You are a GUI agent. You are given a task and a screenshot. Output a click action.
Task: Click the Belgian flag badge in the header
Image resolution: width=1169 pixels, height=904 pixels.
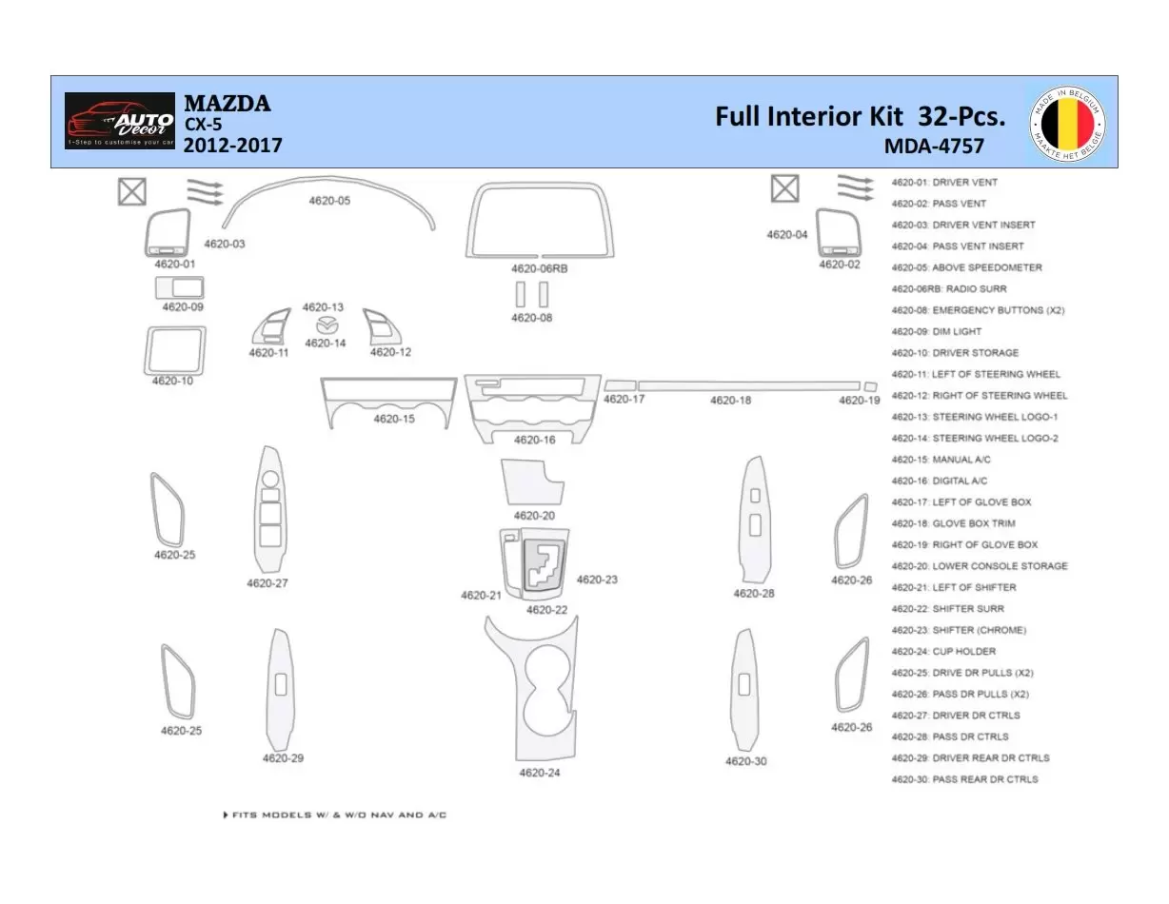pyautogui.click(x=1067, y=123)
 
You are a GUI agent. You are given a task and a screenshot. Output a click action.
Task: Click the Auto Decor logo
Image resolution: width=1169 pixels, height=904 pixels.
pyautogui.click(x=120, y=121)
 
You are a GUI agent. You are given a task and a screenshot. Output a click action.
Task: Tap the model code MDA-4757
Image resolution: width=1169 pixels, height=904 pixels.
pyautogui.click(x=934, y=146)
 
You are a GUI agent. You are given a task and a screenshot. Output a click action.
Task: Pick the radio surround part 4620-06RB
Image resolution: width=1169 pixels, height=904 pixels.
pyautogui.click(x=540, y=220)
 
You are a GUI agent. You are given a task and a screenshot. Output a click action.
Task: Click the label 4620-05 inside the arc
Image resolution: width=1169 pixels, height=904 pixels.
pyautogui.click(x=329, y=201)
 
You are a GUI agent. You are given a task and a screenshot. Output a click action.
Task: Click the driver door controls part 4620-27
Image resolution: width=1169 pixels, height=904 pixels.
pyautogui.click(x=270, y=509)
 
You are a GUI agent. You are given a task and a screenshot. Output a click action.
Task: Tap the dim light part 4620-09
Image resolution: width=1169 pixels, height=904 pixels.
pyautogui.click(x=180, y=287)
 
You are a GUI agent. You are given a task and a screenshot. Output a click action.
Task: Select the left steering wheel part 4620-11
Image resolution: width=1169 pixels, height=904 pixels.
pyautogui.click(x=271, y=327)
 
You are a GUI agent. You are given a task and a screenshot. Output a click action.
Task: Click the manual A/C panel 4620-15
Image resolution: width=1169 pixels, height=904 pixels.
pyautogui.click(x=386, y=400)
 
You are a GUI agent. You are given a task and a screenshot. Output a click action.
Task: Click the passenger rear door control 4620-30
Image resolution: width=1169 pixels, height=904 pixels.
pyautogui.click(x=744, y=689)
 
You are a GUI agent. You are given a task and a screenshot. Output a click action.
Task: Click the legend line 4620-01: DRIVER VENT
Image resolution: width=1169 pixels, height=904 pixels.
pyautogui.click(x=944, y=182)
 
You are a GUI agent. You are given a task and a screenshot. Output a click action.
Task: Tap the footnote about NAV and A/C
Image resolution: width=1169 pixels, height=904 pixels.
pyautogui.click(x=334, y=816)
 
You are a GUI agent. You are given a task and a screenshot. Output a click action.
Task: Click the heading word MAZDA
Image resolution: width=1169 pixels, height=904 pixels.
pyautogui.click(x=227, y=103)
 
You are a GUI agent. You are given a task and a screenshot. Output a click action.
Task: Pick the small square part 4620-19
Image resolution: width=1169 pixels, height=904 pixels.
pyautogui.click(x=870, y=386)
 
